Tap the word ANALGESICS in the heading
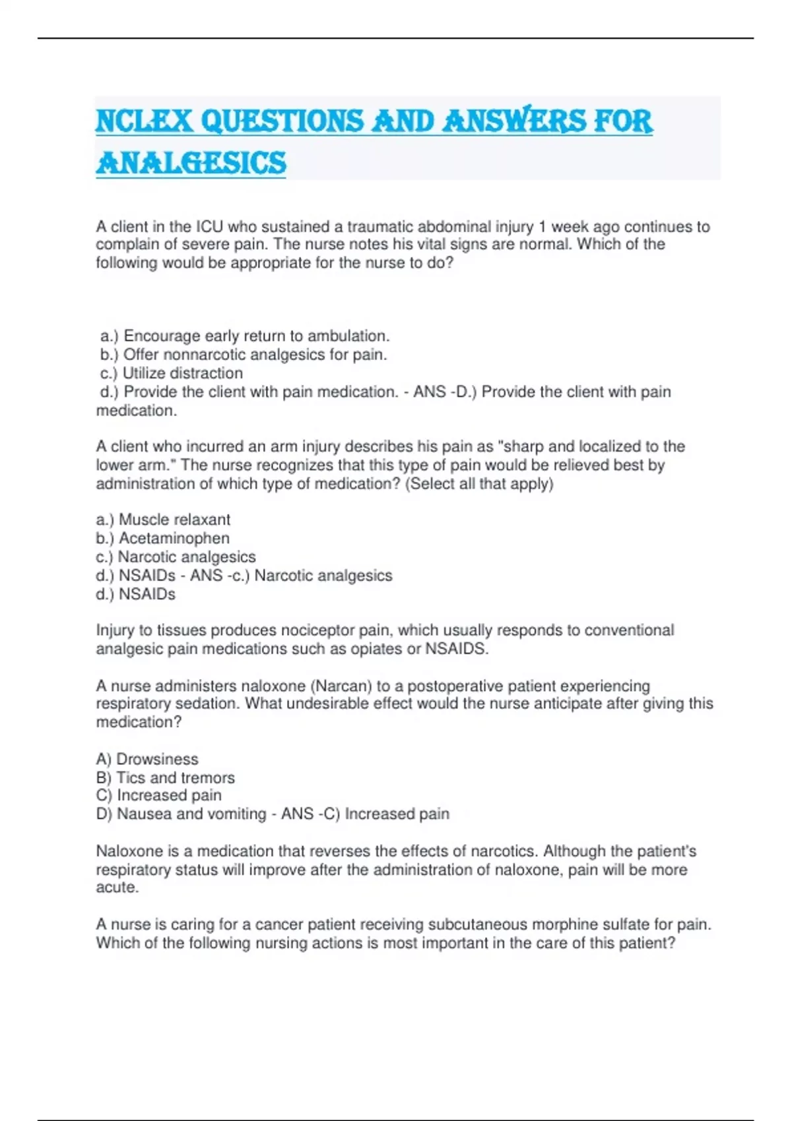click(x=191, y=163)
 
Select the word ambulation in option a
click(x=348, y=336)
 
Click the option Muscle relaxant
click(x=174, y=520)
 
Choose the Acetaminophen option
click(x=174, y=538)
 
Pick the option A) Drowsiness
click(x=147, y=759)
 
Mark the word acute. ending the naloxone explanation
click(x=117, y=888)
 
